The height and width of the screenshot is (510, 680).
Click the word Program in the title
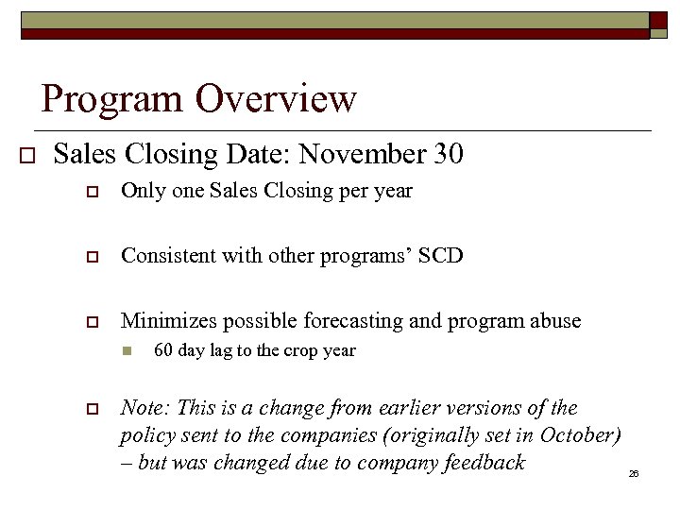(111, 98)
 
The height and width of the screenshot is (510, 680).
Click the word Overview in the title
(277, 98)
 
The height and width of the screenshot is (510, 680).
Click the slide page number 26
(634, 473)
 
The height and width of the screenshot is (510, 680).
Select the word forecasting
(351, 322)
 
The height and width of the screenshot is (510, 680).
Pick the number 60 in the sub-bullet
(163, 350)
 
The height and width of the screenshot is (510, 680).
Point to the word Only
(141, 191)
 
